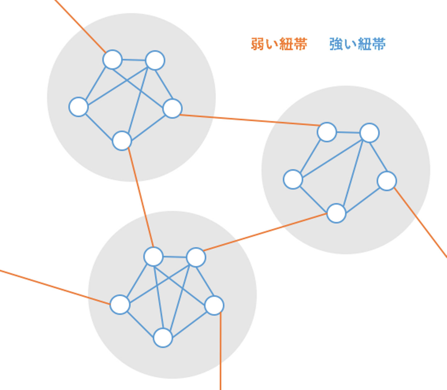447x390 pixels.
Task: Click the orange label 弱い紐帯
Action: (279, 44)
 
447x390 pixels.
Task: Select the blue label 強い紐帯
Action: (357, 44)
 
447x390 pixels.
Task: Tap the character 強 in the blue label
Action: (336, 44)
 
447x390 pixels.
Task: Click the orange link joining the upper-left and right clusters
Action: (248, 120)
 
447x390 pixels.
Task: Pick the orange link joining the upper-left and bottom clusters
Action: (141, 199)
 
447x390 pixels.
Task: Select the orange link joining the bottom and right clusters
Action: (265, 232)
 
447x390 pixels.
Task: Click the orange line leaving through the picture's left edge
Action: (54, 287)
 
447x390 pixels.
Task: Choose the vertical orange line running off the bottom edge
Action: (220, 351)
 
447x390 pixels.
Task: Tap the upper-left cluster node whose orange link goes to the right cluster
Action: (172, 108)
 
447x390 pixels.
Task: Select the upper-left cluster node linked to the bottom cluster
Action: (122, 141)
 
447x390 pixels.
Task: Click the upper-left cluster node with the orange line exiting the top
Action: (112, 59)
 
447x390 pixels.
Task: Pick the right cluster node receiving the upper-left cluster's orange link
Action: (327, 132)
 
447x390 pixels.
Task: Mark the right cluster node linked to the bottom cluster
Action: (336, 213)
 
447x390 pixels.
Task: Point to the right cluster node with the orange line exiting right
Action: (387, 181)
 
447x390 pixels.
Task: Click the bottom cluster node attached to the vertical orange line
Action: (214, 305)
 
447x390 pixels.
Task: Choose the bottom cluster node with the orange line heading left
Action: (120, 304)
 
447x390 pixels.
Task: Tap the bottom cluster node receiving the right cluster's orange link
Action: (196, 257)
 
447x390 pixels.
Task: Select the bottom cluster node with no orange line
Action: (163, 338)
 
